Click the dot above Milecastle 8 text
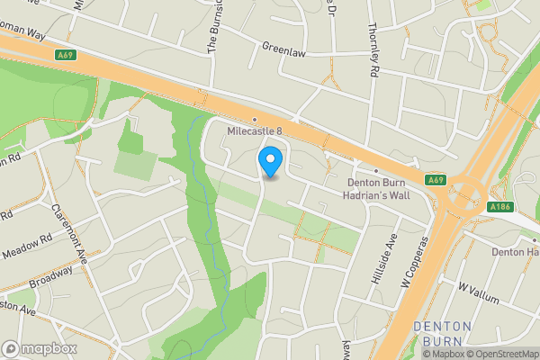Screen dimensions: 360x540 point(255,120)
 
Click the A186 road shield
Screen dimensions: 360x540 point(502,208)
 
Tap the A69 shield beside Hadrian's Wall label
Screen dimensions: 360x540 point(436,180)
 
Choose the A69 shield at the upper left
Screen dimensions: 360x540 point(63,55)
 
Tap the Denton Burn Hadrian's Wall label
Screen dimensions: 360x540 point(383,184)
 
